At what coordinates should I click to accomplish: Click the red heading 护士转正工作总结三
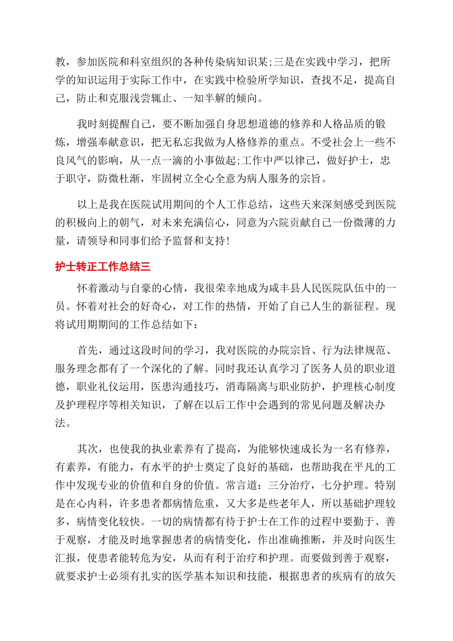[x=103, y=267]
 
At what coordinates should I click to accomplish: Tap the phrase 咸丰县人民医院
[x=311, y=288]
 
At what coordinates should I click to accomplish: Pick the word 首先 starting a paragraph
[x=88, y=351]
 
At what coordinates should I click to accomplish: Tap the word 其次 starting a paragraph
[x=88, y=449]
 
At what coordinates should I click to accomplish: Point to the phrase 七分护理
[x=343, y=486]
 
